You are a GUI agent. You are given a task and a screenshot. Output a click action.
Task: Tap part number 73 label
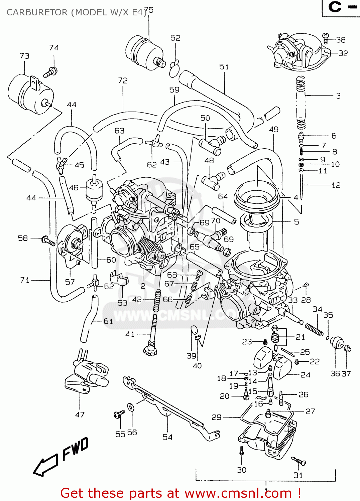24,56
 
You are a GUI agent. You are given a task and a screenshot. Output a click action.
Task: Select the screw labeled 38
326,38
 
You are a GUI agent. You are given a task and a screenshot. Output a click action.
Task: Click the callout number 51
224,67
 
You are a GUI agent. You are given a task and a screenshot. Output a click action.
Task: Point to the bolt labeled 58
48,240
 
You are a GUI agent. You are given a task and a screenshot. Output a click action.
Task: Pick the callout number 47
80,415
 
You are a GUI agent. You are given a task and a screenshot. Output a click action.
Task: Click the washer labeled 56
131,408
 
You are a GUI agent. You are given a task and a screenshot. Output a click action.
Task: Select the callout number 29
217,417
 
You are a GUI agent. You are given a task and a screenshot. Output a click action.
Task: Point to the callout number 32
343,53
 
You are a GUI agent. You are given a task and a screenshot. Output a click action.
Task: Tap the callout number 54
167,437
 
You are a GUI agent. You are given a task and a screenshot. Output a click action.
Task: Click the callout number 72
123,81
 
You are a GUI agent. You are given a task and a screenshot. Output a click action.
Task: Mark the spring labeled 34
314,329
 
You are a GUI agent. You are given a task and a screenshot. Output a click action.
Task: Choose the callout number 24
305,375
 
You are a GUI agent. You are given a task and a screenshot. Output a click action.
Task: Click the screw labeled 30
241,451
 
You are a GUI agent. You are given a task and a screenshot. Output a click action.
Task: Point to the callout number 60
111,260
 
